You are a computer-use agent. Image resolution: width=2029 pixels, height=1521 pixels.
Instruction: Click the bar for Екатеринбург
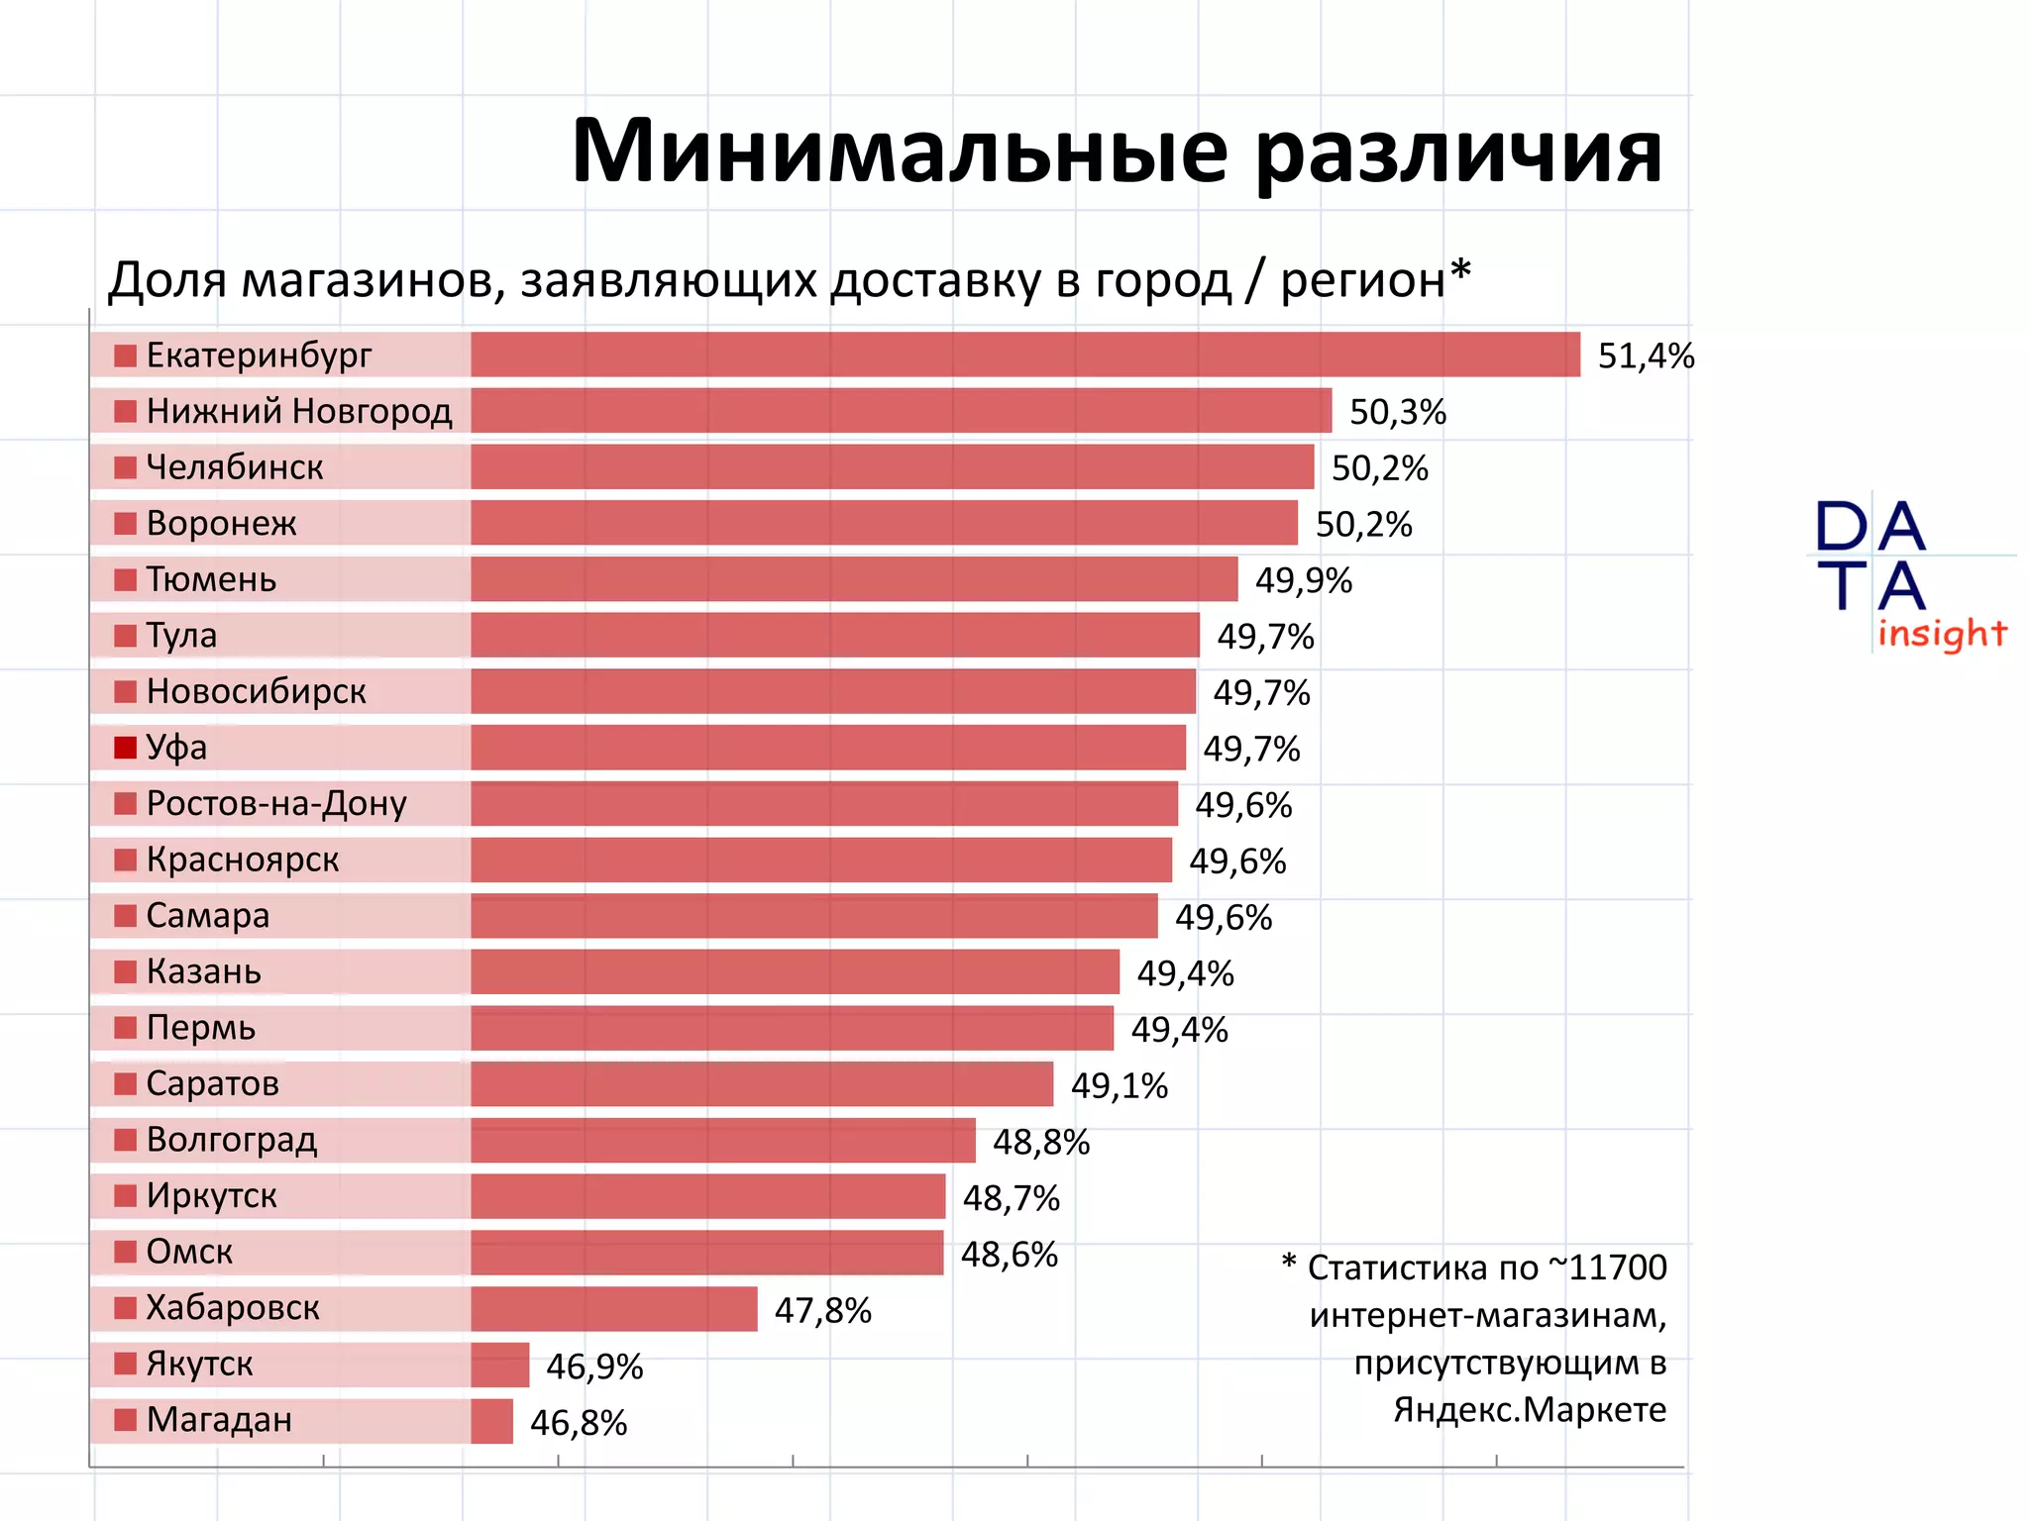point(1025,355)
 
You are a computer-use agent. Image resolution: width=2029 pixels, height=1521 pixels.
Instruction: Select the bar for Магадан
point(491,1421)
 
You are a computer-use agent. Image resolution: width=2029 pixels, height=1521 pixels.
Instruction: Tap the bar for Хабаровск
point(614,1309)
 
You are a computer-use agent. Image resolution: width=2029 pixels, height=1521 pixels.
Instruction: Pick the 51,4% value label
point(1646,355)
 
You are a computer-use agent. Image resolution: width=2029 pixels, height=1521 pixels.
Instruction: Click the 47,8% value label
point(822,1310)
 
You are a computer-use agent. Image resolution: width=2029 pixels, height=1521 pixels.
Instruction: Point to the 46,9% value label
point(594,1367)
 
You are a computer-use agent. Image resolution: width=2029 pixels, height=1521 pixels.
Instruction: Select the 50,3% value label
point(1398,412)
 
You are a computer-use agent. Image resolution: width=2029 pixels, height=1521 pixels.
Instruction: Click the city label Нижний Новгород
point(299,411)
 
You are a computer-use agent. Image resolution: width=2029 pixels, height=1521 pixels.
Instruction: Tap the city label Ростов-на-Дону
point(276,803)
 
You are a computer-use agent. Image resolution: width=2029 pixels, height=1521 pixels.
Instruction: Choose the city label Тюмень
point(211,579)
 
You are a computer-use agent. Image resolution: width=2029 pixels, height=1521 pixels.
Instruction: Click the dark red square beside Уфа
point(125,748)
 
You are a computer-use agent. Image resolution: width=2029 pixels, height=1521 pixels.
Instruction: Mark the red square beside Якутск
point(125,1365)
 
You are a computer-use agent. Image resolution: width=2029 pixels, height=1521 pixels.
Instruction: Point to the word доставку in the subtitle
point(934,280)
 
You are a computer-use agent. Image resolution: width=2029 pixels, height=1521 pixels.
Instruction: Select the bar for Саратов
point(762,1084)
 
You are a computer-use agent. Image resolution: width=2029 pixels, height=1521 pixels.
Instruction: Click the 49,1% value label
point(1120,1086)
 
